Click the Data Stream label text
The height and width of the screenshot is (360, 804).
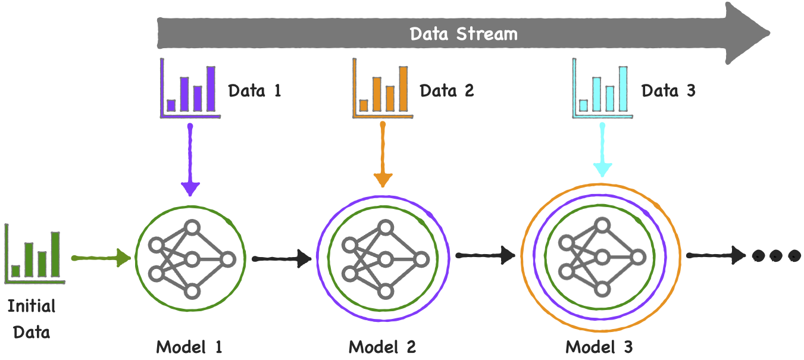pos(464,34)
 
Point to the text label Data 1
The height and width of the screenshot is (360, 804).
pos(254,91)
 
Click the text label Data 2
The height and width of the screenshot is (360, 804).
pos(447,91)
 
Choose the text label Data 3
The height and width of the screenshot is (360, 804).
pos(668,91)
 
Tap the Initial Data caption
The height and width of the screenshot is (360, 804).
pos(32,319)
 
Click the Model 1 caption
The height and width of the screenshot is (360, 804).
pos(189,347)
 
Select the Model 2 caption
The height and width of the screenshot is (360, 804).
pos(382,347)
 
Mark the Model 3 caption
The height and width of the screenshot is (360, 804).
pos(599,347)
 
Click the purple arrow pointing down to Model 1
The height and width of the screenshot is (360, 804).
pos(190,161)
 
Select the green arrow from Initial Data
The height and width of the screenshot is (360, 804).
pos(101,258)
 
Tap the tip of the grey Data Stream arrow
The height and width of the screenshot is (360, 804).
pos(765,32)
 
